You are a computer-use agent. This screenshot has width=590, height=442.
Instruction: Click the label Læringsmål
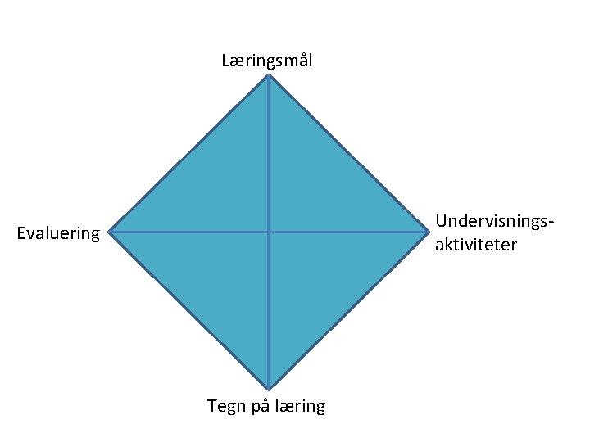point(266,61)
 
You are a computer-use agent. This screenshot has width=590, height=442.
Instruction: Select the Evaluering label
point(58,234)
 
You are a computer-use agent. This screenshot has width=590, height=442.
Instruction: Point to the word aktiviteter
point(476,244)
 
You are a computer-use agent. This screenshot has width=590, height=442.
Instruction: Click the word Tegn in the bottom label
point(226,406)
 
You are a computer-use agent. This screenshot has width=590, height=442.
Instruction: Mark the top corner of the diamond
point(268,75)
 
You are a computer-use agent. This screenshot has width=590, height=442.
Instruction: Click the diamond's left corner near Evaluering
point(110,232)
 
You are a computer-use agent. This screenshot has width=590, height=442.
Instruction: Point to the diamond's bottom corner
point(268,389)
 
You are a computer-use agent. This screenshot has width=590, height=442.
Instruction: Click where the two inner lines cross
point(268,232)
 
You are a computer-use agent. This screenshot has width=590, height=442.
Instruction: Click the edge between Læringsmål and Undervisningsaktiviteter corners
point(348,153)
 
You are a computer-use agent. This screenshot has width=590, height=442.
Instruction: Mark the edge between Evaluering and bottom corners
point(188,310)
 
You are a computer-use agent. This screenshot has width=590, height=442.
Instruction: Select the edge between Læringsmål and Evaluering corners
point(188,153)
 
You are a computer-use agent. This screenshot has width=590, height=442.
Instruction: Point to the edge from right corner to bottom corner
point(348,310)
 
